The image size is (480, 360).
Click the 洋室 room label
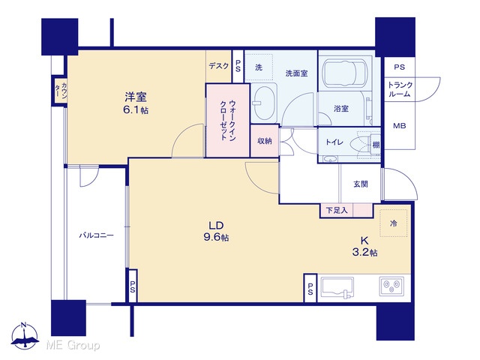136,97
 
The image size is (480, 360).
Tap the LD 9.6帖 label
216,232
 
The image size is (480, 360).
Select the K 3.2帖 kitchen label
364,247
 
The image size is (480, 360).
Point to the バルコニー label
97,235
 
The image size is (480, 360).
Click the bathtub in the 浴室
340,73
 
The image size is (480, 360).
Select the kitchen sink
337,287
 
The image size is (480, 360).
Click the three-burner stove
391,286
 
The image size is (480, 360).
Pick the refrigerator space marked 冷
393,223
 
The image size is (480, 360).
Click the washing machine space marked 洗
259,67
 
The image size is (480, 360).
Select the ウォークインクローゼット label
228,120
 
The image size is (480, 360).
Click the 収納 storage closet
265,141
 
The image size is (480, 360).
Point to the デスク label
218,65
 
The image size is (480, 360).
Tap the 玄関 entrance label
361,184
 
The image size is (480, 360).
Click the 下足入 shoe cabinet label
337,210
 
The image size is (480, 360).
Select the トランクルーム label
400,89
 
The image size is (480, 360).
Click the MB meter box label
400,125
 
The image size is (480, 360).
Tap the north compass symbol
25,335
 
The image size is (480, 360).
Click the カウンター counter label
61,91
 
